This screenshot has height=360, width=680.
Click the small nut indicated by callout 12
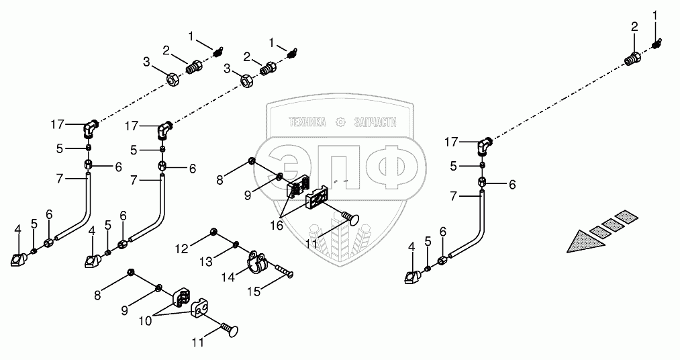coord(213,232)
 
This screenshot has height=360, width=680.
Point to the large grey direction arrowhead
coord(581,241)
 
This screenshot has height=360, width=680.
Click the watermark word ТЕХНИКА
coord(306,122)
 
